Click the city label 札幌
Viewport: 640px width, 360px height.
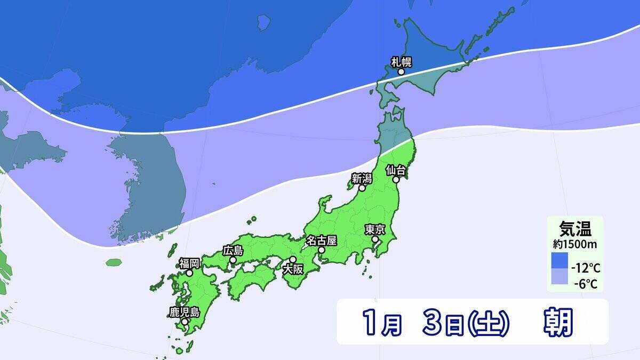click(x=402, y=61)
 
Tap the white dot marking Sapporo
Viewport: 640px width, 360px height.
click(x=401, y=71)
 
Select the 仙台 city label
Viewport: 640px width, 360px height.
click(x=397, y=171)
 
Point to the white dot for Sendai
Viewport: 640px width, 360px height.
click(x=397, y=180)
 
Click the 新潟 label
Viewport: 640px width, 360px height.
click(x=362, y=178)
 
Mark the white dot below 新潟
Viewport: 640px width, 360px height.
click(x=362, y=188)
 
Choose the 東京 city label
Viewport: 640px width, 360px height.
click(x=375, y=230)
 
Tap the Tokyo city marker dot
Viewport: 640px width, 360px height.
click(x=375, y=240)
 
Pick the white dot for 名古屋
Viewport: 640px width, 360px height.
click(x=321, y=250)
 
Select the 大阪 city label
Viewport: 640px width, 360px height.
click(x=293, y=269)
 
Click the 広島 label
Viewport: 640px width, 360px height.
click(x=233, y=250)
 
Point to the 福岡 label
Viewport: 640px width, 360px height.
click(x=189, y=263)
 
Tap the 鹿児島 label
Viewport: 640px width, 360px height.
click(x=184, y=312)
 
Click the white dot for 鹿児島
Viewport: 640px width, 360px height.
click(x=184, y=322)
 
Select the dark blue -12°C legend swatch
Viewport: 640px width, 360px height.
click(x=559, y=260)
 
